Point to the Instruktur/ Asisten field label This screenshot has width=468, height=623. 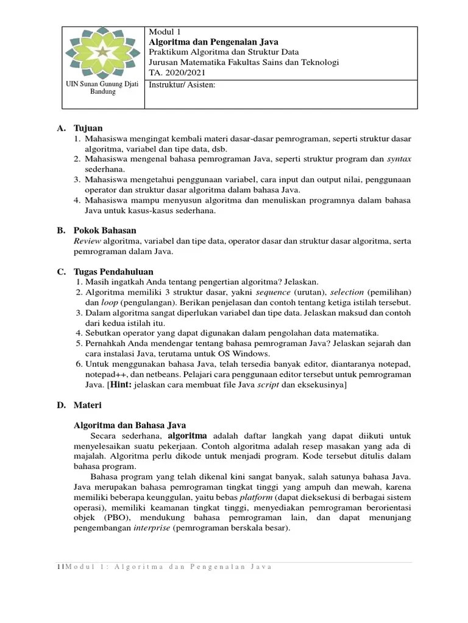pyautogui.click(x=182, y=85)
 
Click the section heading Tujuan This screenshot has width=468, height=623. pyautogui.click(x=88, y=128)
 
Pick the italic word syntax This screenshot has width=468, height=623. pyautogui.click(x=399, y=159)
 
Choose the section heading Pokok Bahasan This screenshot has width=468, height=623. pyautogui.click(x=105, y=231)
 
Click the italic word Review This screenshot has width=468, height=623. pyautogui.click(x=87, y=241)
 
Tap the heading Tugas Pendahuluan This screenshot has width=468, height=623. pyautogui.click(x=113, y=271)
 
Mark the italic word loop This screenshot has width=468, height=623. pyautogui.click(x=109, y=302)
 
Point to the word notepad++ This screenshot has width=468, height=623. pyautogui.click(x=105, y=374)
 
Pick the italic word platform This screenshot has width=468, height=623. pyautogui.click(x=255, y=497)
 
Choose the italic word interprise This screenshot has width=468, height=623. pyautogui.click(x=152, y=528)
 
